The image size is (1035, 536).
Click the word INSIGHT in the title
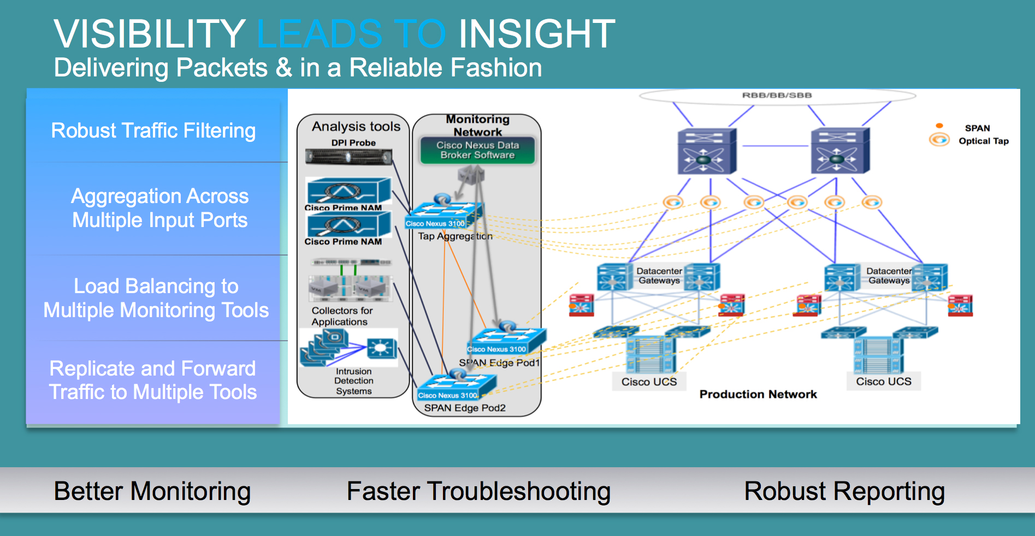coord(536,34)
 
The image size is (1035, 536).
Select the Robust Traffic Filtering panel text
coord(153,131)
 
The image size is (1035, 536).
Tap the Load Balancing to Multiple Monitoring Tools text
coord(156,298)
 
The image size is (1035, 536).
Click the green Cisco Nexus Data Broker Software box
coord(477,150)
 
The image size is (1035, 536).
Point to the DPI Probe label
coord(353,143)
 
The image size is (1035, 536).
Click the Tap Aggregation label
coord(455,236)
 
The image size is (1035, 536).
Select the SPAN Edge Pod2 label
coord(465,408)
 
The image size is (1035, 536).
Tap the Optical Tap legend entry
coord(983,141)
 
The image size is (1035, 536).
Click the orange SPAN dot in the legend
coord(939,126)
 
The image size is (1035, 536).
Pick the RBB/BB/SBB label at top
coord(777,96)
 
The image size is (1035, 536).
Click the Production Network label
coord(758,394)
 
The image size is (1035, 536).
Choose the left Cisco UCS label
coord(649,382)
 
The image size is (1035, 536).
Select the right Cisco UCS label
coord(883,382)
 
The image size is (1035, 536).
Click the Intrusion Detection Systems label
coord(354,381)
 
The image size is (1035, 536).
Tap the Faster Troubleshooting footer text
coord(478,491)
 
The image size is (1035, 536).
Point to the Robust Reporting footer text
coord(844,491)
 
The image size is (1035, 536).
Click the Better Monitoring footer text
coord(152,491)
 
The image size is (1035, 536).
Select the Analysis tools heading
coord(356,127)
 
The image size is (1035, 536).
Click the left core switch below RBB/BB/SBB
coord(706,152)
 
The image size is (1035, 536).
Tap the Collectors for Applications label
coord(341,316)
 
